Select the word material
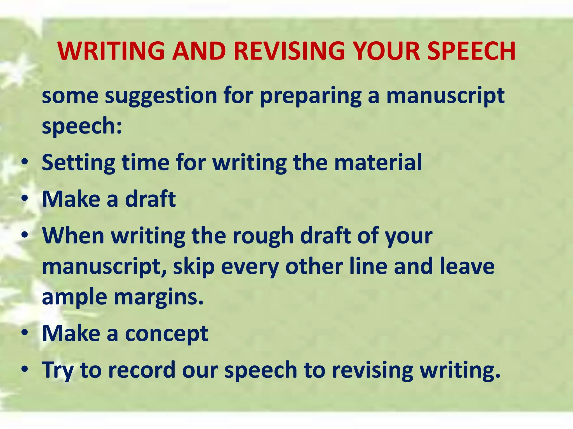click(378, 162)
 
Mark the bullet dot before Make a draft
click(25, 198)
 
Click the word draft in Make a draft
click(151, 199)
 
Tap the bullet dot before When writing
click(25, 235)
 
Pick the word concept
click(167, 334)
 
